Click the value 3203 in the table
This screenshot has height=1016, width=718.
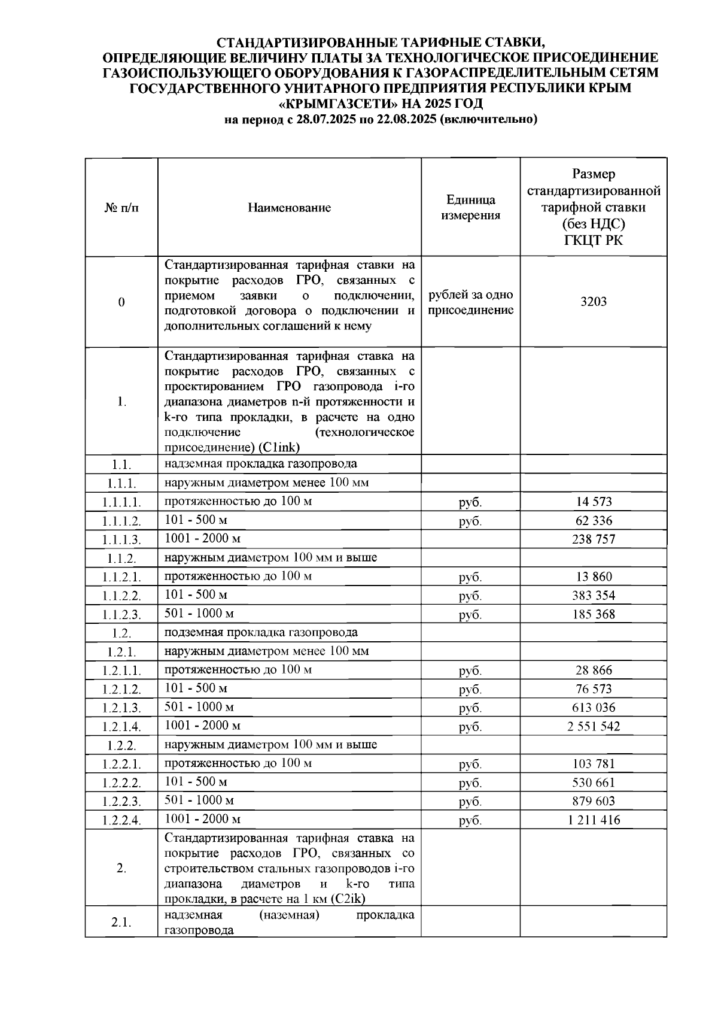click(593, 302)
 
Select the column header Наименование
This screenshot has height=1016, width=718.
click(289, 208)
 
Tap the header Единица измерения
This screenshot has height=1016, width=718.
click(470, 208)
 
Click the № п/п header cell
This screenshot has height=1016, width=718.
click(121, 208)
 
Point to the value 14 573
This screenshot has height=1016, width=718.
click(593, 502)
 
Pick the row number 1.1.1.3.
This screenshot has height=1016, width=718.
click(121, 539)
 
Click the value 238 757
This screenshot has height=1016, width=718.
click(593, 539)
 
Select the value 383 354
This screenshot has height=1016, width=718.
click(593, 596)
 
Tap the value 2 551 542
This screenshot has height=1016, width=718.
click(593, 727)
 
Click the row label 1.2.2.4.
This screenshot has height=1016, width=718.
click(121, 820)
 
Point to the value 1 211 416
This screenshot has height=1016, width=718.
click(593, 820)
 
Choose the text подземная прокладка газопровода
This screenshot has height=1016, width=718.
click(261, 633)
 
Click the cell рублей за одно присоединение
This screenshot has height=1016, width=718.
click(470, 302)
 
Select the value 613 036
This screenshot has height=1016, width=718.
click(593, 708)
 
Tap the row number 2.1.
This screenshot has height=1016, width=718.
click(121, 923)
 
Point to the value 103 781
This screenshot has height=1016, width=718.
click(593, 764)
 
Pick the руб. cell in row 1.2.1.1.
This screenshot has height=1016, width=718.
click(470, 671)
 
